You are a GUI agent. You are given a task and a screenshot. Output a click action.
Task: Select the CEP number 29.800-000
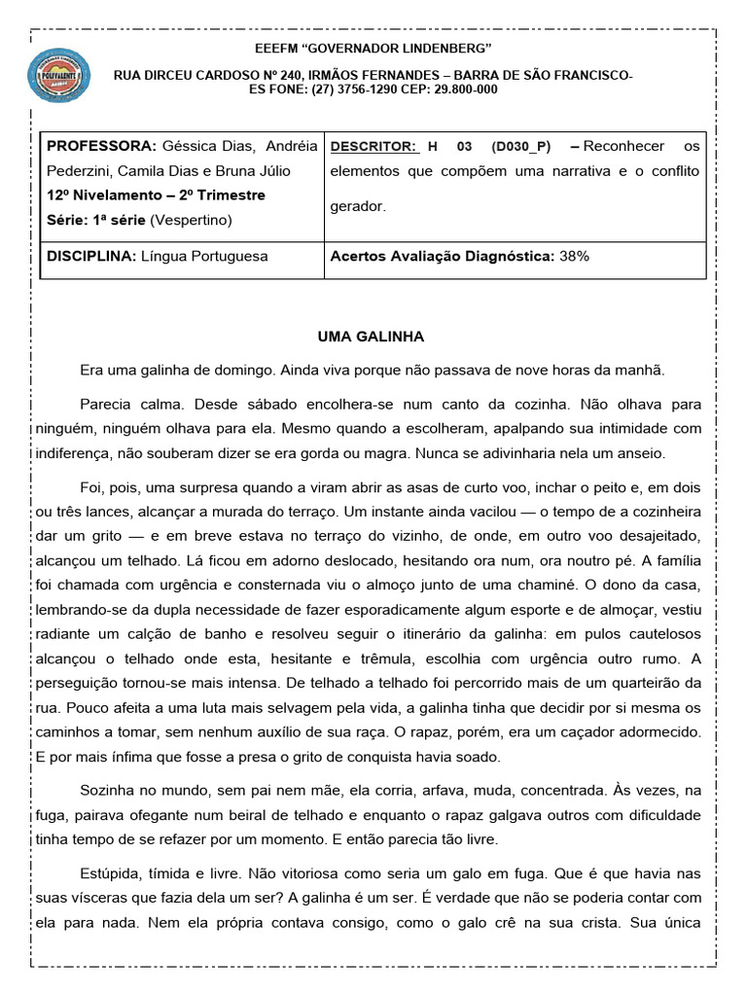click(462, 89)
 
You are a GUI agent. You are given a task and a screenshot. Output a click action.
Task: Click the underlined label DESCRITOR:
click(373, 147)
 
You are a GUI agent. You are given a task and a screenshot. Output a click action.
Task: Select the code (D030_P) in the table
click(520, 147)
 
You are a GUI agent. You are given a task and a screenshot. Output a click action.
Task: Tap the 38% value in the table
click(574, 257)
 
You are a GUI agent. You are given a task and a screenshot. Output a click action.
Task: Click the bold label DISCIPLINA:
click(91, 257)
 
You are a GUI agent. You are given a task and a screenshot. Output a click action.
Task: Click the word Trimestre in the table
click(231, 196)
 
